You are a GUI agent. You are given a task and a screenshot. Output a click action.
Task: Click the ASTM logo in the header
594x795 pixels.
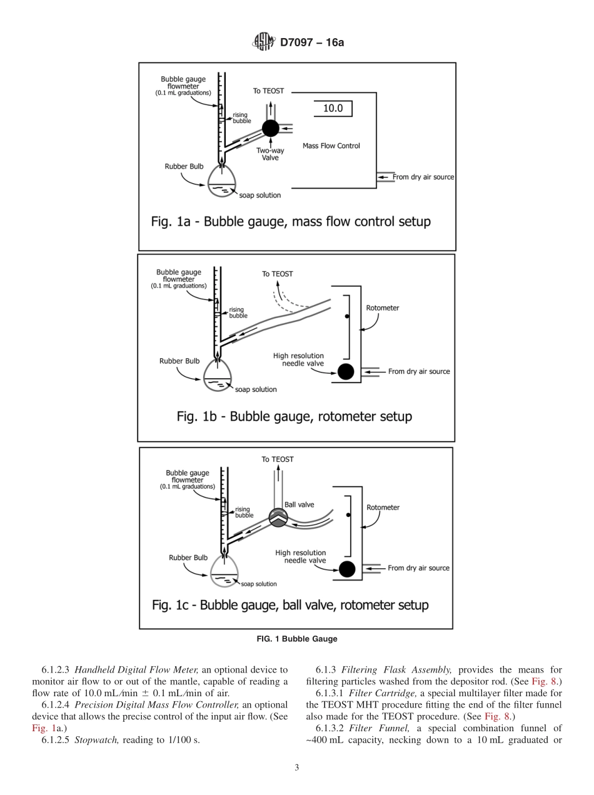click(263, 42)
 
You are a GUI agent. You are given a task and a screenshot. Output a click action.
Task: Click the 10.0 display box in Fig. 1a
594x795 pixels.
click(333, 108)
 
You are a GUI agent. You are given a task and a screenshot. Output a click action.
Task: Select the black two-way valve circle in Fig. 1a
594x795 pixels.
click(270, 129)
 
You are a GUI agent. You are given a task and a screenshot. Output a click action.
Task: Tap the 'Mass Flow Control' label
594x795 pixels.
click(331, 146)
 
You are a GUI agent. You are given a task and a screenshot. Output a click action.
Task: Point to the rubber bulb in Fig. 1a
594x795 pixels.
click(223, 181)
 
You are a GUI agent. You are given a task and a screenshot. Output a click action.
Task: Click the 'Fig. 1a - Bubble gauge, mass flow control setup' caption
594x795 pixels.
click(291, 222)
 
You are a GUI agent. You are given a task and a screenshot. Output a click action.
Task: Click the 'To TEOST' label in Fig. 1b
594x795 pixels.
click(277, 274)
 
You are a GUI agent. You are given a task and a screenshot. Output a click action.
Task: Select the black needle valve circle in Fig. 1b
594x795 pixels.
click(346, 371)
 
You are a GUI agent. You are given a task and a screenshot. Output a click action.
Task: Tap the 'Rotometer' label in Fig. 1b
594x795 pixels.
click(383, 308)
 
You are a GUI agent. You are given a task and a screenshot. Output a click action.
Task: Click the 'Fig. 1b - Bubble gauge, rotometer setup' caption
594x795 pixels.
click(294, 416)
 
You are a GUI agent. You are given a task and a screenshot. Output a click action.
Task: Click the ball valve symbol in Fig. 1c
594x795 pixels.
click(278, 516)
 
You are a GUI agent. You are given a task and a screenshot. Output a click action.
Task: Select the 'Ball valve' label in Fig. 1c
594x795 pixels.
click(299, 505)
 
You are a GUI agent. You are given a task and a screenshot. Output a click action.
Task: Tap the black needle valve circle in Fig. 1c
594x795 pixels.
click(346, 569)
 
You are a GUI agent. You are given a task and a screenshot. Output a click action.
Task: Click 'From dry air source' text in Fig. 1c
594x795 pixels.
click(418, 568)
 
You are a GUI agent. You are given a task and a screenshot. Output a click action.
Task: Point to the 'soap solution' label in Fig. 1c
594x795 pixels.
click(258, 584)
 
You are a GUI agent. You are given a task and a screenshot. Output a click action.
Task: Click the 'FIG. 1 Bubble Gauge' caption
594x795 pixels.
click(297, 639)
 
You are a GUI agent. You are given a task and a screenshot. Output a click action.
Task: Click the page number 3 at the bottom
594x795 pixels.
click(297, 767)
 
